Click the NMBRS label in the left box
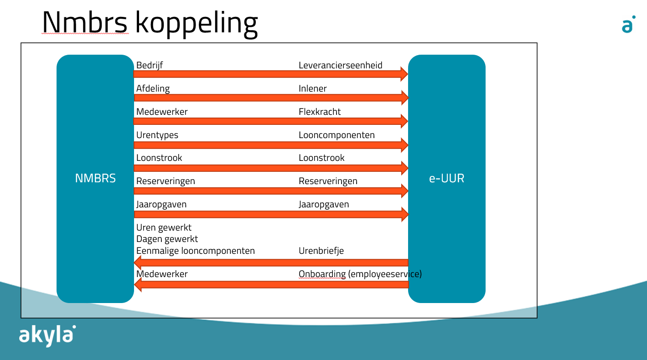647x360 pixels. [x=95, y=178]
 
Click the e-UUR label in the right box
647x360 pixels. [x=446, y=178]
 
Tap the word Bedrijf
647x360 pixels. [x=150, y=66]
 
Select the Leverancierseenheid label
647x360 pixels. [x=340, y=65]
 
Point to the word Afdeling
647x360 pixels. [x=153, y=88]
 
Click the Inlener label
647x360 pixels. [x=312, y=88]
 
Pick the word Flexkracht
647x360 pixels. [x=320, y=112]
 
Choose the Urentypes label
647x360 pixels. [x=157, y=135]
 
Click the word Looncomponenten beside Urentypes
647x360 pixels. [x=336, y=135]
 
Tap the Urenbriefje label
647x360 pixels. [x=321, y=251]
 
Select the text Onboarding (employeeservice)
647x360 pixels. [x=360, y=274]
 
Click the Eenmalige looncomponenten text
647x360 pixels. [x=196, y=251]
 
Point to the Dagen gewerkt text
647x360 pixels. [x=167, y=239]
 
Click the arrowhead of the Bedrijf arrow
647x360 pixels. [x=404, y=74]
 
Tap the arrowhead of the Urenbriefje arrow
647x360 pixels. [x=138, y=263]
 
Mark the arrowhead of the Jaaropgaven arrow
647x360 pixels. [x=405, y=214]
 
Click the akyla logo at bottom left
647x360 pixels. [x=47, y=335]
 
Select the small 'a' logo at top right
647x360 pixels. [x=628, y=24]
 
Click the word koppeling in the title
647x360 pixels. [x=197, y=24]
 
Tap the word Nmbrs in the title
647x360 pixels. [x=85, y=22]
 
